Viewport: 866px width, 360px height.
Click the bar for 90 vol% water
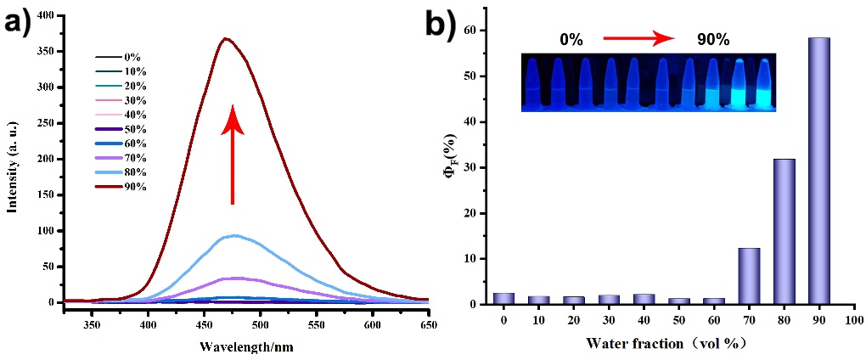[819, 171]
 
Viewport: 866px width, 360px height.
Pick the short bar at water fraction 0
[504, 298]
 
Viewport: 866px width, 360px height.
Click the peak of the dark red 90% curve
[226, 38]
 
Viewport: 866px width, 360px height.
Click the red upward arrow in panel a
[233, 158]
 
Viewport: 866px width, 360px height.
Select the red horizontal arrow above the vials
[638, 38]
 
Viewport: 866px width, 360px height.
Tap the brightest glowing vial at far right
[764, 85]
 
